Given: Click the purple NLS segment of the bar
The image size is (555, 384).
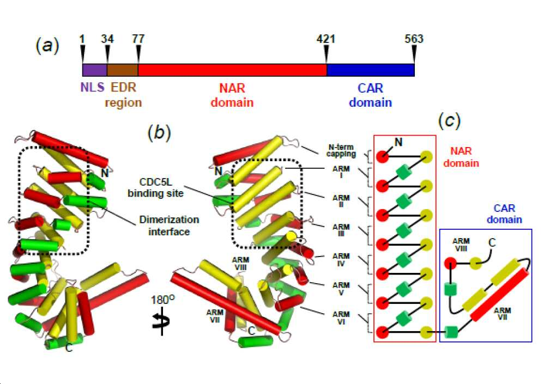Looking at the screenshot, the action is click(95, 70).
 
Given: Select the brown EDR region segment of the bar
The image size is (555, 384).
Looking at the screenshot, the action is click(123, 70).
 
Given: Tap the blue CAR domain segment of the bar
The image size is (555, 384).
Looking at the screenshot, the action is click(371, 70).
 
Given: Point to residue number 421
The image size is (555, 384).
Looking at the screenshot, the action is click(325, 39).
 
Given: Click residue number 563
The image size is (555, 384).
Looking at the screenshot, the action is click(414, 39).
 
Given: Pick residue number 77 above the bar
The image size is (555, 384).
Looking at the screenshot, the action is click(138, 39).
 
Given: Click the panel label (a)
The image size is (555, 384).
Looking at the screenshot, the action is click(47, 46).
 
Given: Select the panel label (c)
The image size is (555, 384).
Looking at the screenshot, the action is click(449, 120).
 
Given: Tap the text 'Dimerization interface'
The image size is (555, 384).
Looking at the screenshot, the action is click(169, 225).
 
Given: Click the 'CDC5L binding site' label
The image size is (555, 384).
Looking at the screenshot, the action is click(156, 188).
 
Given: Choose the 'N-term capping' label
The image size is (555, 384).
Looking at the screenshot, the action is click(341, 151).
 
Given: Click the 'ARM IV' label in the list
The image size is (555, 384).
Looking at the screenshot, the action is click(341, 259).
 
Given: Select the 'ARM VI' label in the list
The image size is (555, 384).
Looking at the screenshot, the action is click(341, 318).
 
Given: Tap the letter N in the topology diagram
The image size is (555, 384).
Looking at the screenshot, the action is click(398, 142).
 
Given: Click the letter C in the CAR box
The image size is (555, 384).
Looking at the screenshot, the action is click(492, 242).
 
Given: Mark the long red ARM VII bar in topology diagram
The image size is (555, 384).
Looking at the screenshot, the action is click(499, 295).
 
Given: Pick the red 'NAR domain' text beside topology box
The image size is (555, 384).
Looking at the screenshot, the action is click(461, 157).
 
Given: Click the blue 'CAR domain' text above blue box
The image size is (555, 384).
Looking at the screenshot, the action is click(504, 214).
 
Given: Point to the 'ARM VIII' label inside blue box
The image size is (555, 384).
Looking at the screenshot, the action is click(461, 245).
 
